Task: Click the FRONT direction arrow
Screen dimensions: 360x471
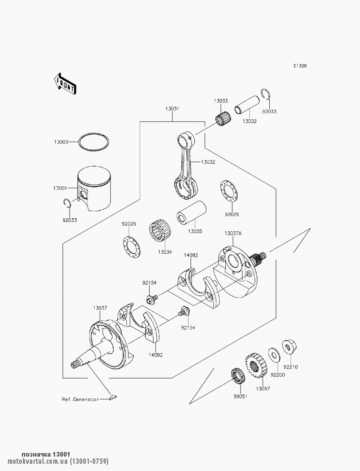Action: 65,84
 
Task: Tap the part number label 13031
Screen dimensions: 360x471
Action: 172,109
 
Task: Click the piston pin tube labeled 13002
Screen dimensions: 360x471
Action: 247,105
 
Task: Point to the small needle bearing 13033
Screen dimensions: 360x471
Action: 223,118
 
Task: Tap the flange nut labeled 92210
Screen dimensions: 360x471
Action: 289,347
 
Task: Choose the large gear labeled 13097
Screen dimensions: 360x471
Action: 256,366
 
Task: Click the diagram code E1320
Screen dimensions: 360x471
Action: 300,66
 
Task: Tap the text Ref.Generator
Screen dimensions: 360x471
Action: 80,399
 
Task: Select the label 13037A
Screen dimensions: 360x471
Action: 233,234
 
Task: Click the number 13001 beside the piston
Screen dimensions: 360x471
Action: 60,188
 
